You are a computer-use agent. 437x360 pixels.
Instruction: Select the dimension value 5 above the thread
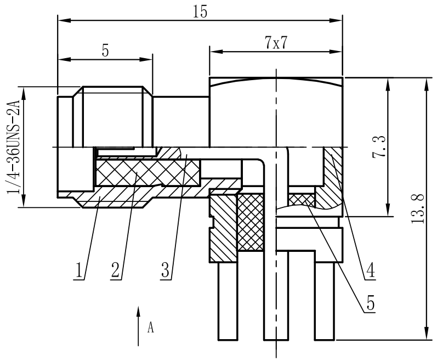105,50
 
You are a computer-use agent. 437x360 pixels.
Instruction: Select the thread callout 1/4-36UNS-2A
13,147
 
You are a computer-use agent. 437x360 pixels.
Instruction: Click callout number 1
80,269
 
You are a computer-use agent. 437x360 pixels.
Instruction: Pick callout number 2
115,269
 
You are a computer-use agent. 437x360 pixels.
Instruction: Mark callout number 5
371,303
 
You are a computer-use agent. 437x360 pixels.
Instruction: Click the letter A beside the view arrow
151,328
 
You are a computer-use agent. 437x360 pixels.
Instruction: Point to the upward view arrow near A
138,326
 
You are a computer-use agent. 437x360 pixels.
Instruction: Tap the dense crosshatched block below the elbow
251,222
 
